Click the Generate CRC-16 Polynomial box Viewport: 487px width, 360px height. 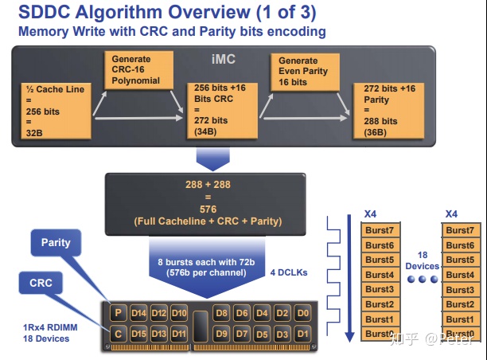139,69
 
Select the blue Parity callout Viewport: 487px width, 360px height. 56,242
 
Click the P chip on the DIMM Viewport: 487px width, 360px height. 119,313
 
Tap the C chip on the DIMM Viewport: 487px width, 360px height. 119,333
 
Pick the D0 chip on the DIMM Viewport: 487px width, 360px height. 303,313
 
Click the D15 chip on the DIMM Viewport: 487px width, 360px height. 138,333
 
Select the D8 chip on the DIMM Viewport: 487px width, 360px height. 221,313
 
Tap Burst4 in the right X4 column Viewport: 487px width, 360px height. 459,275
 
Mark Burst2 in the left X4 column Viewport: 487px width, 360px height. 380,304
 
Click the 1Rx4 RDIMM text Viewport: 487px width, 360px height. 45,328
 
